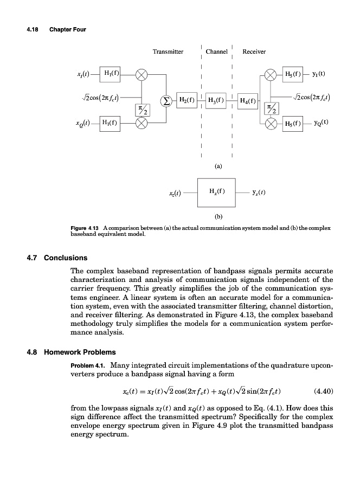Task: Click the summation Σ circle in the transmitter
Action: point(164,100)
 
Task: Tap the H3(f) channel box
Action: point(216,100)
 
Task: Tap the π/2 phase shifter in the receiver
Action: point(270,108)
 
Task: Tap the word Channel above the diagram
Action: point(216,52)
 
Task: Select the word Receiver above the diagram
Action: point(254,52)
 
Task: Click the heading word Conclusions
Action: point(66,258)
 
